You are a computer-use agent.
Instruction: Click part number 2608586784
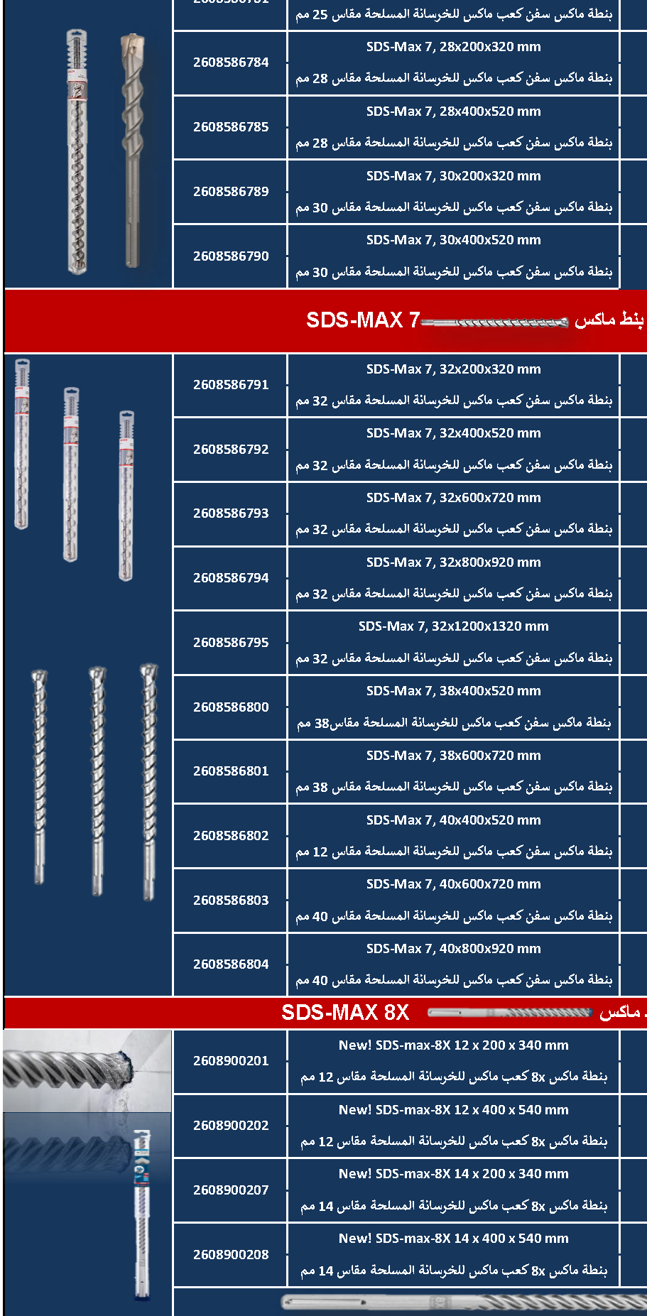(231, 62)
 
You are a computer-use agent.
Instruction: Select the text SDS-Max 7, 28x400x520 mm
(453, 112)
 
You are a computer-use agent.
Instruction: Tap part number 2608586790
(231, 256)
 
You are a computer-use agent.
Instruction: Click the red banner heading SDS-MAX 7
(363, 320)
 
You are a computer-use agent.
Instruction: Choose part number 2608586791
(231, 385)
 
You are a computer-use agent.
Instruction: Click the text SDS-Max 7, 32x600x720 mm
(453, 498)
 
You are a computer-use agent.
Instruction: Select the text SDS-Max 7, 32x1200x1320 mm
(453, 626)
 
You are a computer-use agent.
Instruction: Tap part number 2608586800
(231, 707)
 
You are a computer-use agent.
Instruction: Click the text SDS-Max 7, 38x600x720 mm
(453, 756)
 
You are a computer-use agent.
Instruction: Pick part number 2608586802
(231, 836)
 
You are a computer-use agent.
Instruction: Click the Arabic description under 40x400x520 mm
(453, 852)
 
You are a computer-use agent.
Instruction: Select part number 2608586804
(231, 964)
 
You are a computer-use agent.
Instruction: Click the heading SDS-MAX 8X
(345, 1013)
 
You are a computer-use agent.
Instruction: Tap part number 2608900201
(231, 1061)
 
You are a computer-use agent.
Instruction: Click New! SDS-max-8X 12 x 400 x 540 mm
(453, 1110)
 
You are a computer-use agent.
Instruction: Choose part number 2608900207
(231, 1190)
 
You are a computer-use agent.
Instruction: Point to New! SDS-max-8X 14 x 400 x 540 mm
(453, 1239)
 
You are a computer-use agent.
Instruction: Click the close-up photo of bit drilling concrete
(87, 1070)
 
